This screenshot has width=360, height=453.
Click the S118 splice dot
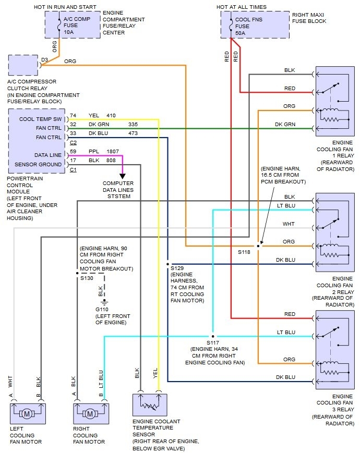click(x=258, y=246)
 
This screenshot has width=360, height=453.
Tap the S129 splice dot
click(x=167, y=264)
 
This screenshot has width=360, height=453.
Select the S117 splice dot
click(x=213, y=336)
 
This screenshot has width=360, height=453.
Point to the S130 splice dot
click(x=77, y=273)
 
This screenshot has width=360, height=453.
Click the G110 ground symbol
click(x=104, y=302)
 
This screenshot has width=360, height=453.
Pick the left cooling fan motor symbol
click(x=28, y=414)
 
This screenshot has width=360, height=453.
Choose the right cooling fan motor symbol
click(x=91, y=414)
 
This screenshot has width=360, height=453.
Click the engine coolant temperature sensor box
click(x=150, y=405)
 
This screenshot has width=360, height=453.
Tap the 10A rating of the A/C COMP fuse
click(x=68, y=32)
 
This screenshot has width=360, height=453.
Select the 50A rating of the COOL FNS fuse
click(x=241, y=33)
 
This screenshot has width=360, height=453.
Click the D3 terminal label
click(x=44, y=60)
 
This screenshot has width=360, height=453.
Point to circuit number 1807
click(x=113, y=151)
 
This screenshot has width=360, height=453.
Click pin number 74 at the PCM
click(x=73, y=115)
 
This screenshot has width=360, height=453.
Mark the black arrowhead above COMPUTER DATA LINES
click(x=123, y=176)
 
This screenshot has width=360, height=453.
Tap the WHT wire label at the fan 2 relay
click(x=289, y=224)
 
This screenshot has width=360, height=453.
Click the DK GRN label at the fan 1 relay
click(x=285, y=124)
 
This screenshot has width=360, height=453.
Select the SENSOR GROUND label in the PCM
click(x=38, y=164)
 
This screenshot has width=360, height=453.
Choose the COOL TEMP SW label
click(x=41, y=119)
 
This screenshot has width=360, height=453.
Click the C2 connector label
click(x=73, y=142)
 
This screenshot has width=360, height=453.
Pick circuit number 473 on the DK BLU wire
click(x=133, y=133)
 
